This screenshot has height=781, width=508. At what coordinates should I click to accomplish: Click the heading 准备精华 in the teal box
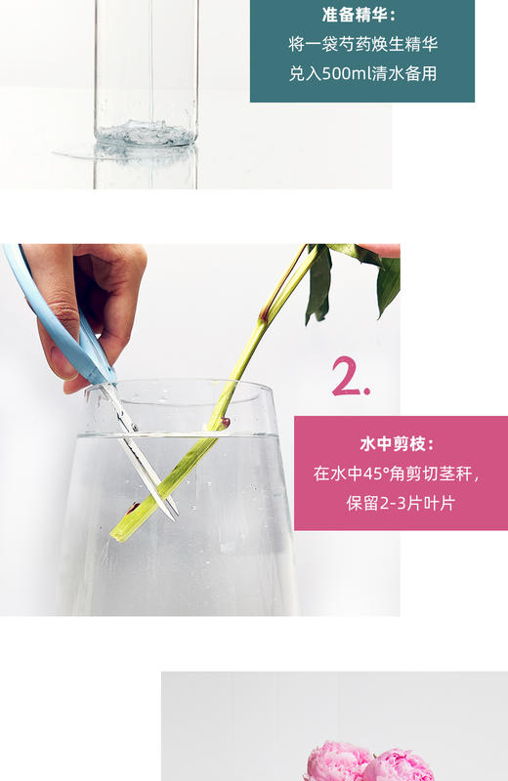coord(360,16)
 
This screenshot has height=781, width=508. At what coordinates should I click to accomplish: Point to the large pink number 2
coord(350,377)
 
